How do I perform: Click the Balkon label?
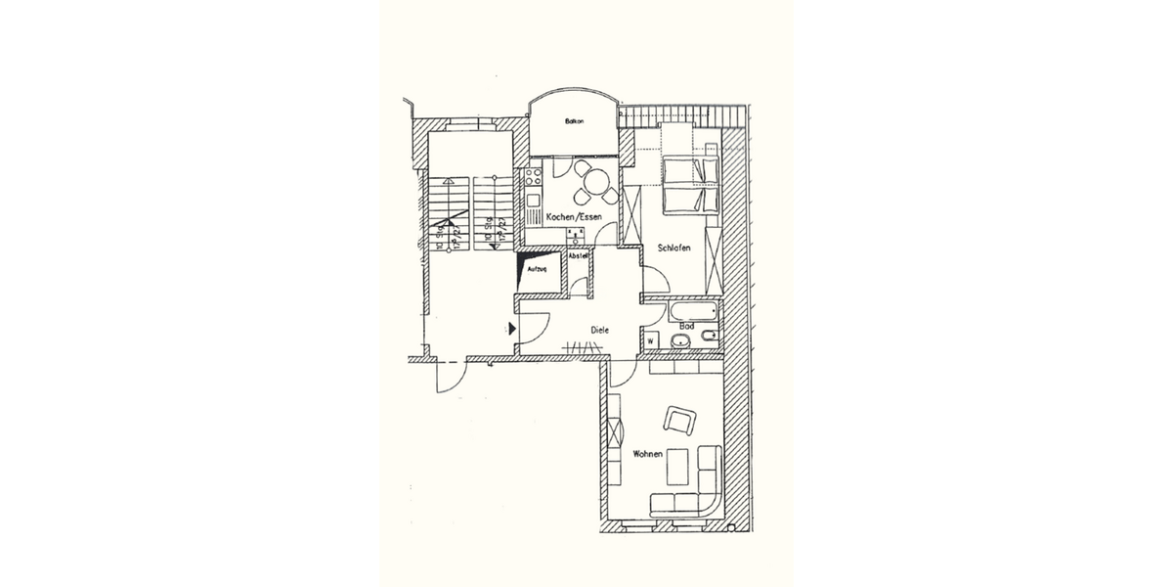(574, 122)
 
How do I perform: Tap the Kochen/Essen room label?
(574, 216)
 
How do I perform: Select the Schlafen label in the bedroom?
(674, 248)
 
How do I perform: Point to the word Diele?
(599, 331)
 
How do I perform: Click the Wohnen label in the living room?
(648, 455)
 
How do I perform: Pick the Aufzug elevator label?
(537, 269)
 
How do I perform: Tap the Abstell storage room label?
(579, 256)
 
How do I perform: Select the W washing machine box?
(650, 340)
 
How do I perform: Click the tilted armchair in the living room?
(679, 421)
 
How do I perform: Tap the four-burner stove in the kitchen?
(534, 178)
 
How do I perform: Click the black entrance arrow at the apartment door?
(511, 330)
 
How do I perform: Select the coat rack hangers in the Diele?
(584, 347)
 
